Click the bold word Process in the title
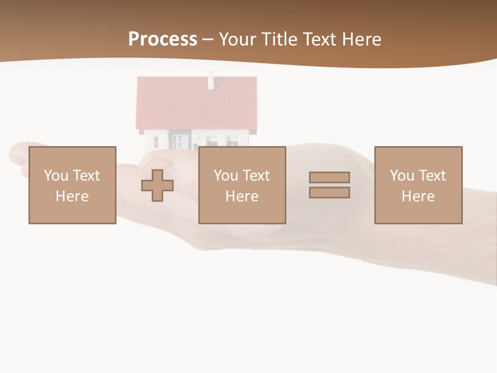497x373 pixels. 163,39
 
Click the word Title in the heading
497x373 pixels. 282,39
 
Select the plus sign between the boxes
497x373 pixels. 157,185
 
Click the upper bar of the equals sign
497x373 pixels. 329,177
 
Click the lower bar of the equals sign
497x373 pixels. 329,192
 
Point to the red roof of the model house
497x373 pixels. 197,104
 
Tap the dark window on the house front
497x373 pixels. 180,141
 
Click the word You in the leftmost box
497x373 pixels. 56,176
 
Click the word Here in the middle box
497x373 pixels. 242,196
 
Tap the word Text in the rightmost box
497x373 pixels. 432,176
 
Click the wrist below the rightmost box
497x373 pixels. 456,249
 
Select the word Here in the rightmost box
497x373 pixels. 418,196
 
